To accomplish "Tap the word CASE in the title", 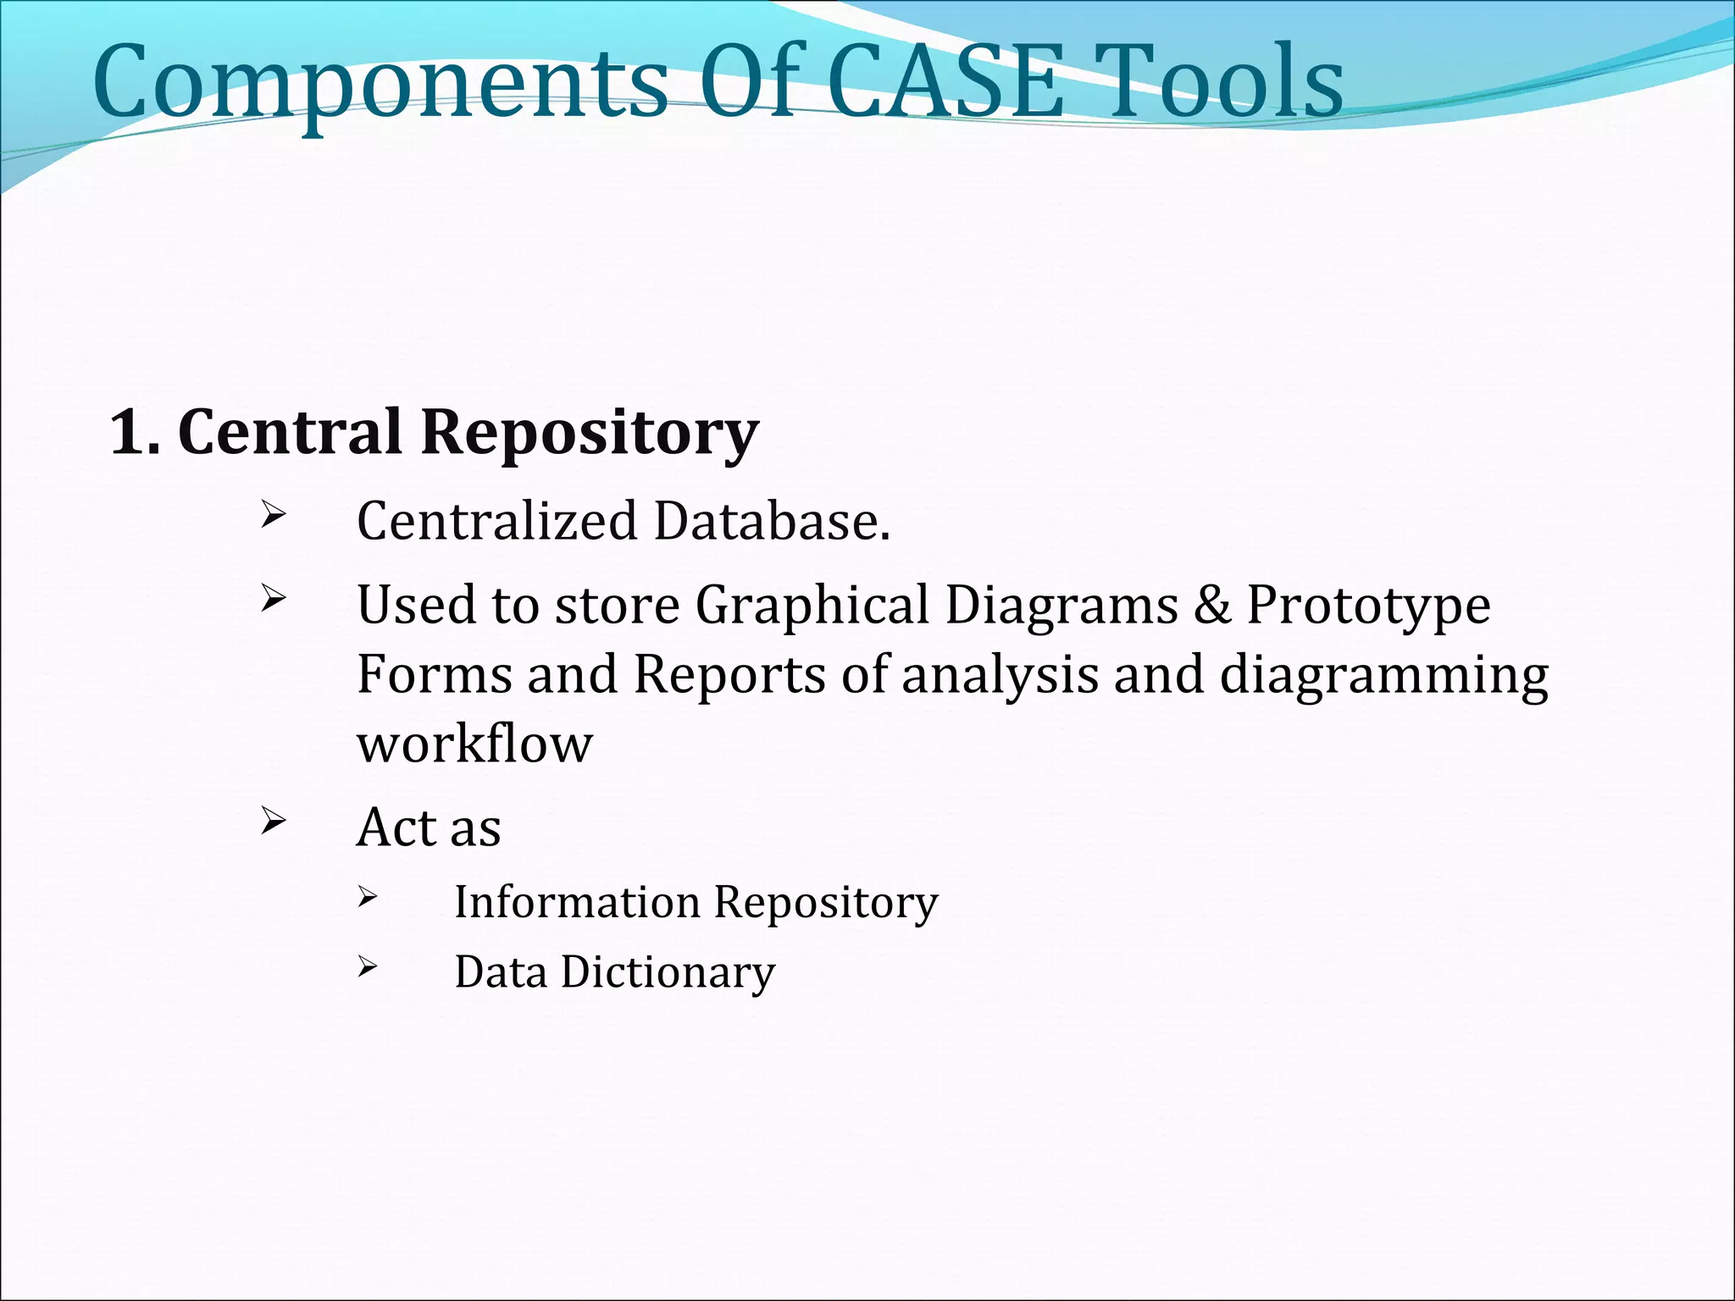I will pos(944,81).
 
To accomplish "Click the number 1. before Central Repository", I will pos(135,433).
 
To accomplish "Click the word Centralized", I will pos(496,521).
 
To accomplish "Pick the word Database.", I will pos(772,521).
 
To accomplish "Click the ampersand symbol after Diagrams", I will pos(1212,606).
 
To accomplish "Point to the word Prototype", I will pos(1368,607).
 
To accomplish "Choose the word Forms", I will pos(433,675).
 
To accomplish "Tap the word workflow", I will pos(474,745).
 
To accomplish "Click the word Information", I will pos(576,902).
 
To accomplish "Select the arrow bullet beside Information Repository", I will pos(366,896).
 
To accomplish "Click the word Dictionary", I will pos(668,972).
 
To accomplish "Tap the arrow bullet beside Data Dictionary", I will pos(366,966).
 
